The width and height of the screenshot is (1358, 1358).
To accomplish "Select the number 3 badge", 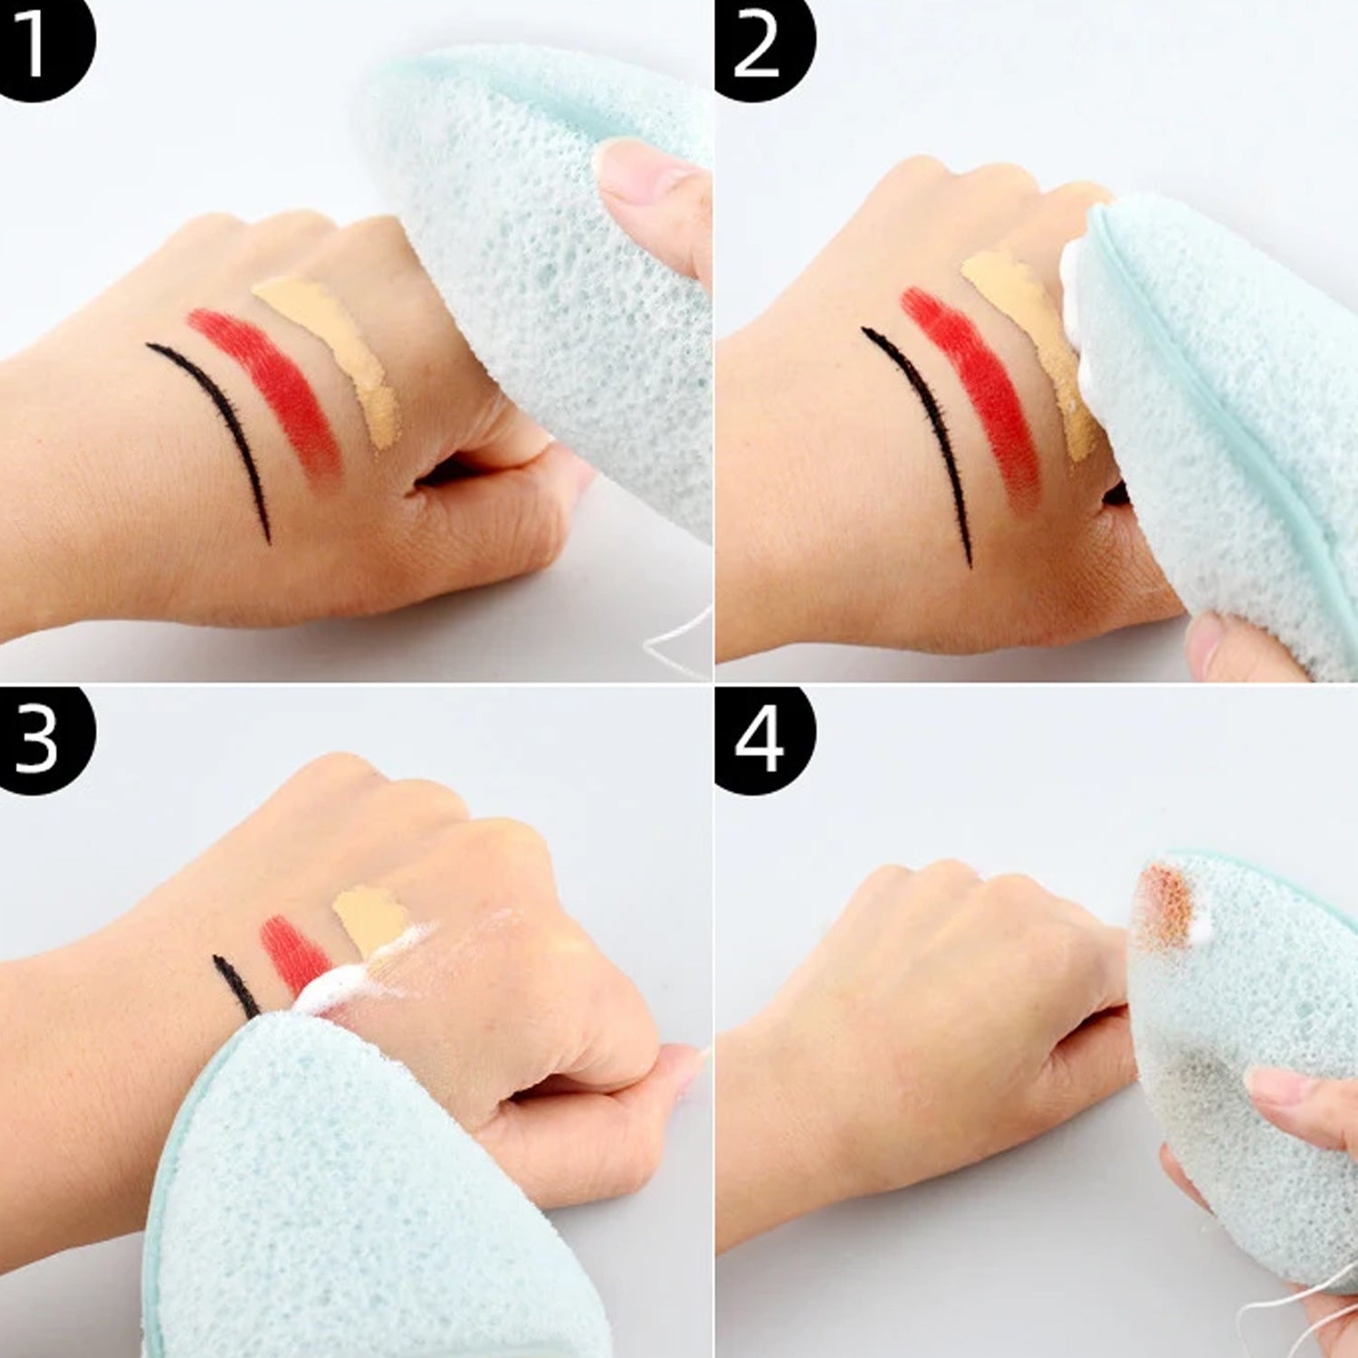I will tap(41, 738).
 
